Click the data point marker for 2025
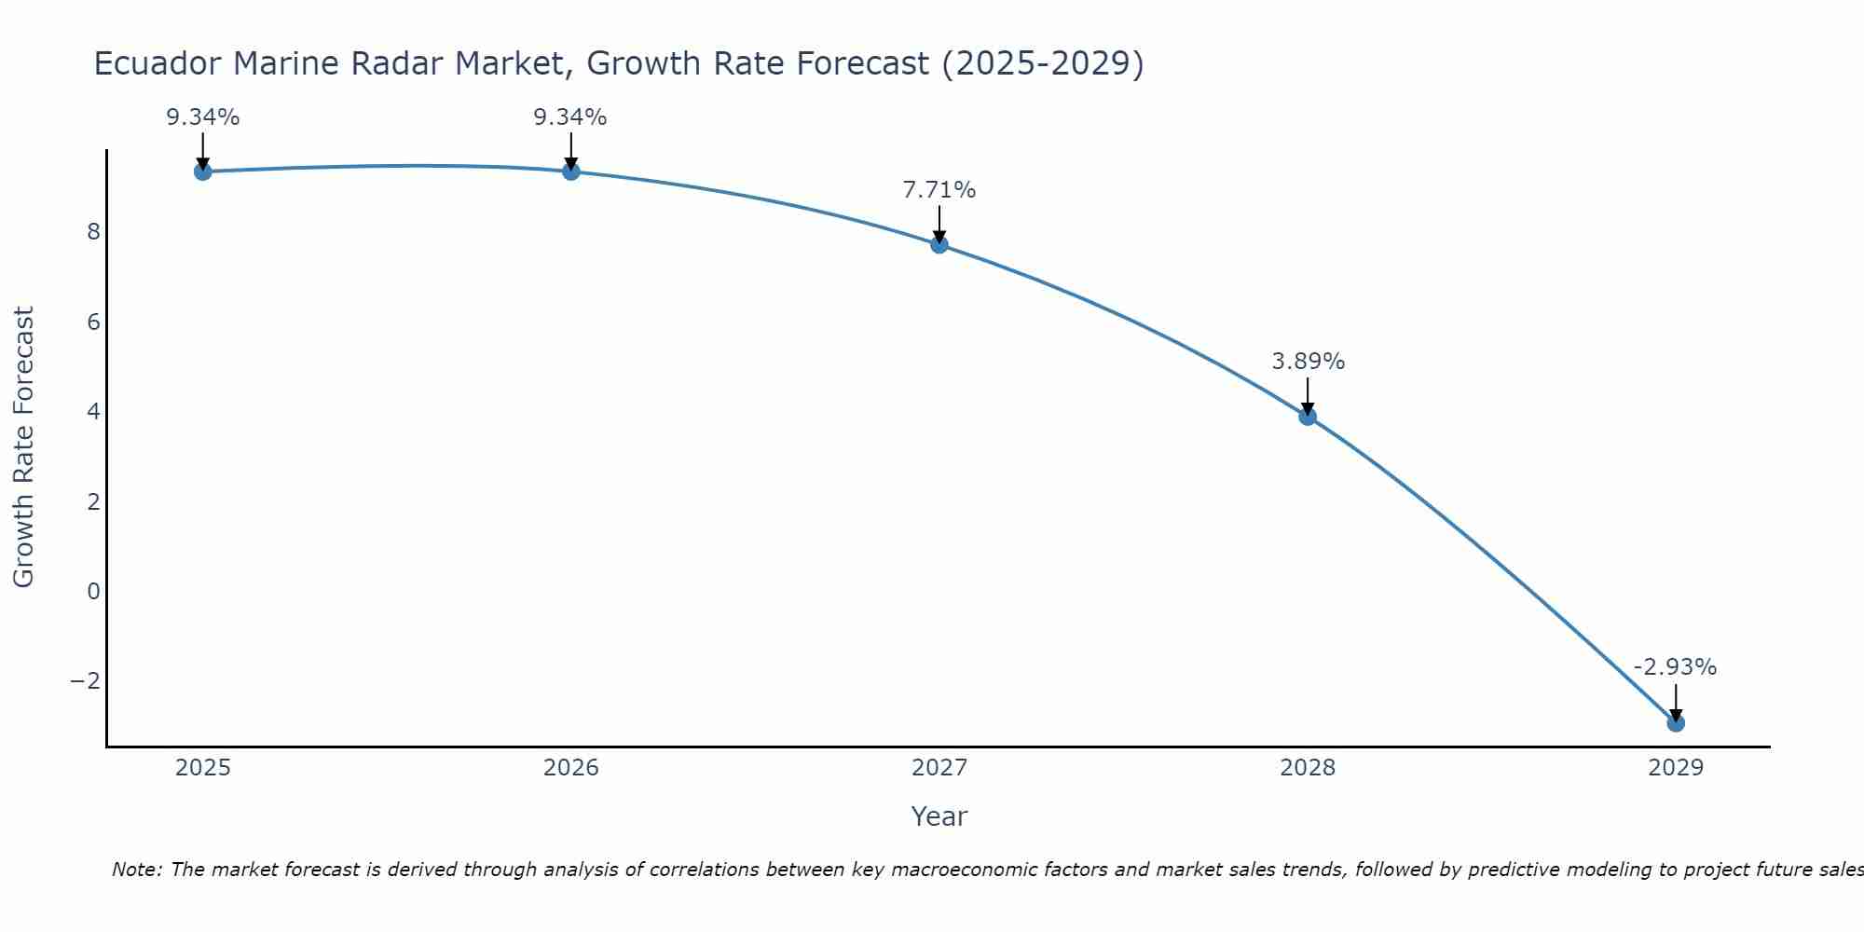click(202, 171)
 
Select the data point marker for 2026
click(571, 171)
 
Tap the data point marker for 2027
click(939, 244)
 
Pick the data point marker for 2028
click(1308, 417)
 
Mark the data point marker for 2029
click(1676, 722)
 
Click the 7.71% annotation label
click(939, 190)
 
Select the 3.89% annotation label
click(1308, 362)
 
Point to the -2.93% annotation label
click(1675, 667)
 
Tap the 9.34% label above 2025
click(202, 117)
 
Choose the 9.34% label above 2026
click(570, 117)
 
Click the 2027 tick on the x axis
click(939, 768)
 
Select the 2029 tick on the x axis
click(1676, 768)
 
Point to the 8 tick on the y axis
click(93, 232)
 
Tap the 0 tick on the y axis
click(93, 591)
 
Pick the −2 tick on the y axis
click(86, 681)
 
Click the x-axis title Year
click(939, 816)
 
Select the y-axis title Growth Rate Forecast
click(24, 447)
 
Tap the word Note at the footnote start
click(136, 870)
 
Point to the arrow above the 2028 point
click(1308, 395)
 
